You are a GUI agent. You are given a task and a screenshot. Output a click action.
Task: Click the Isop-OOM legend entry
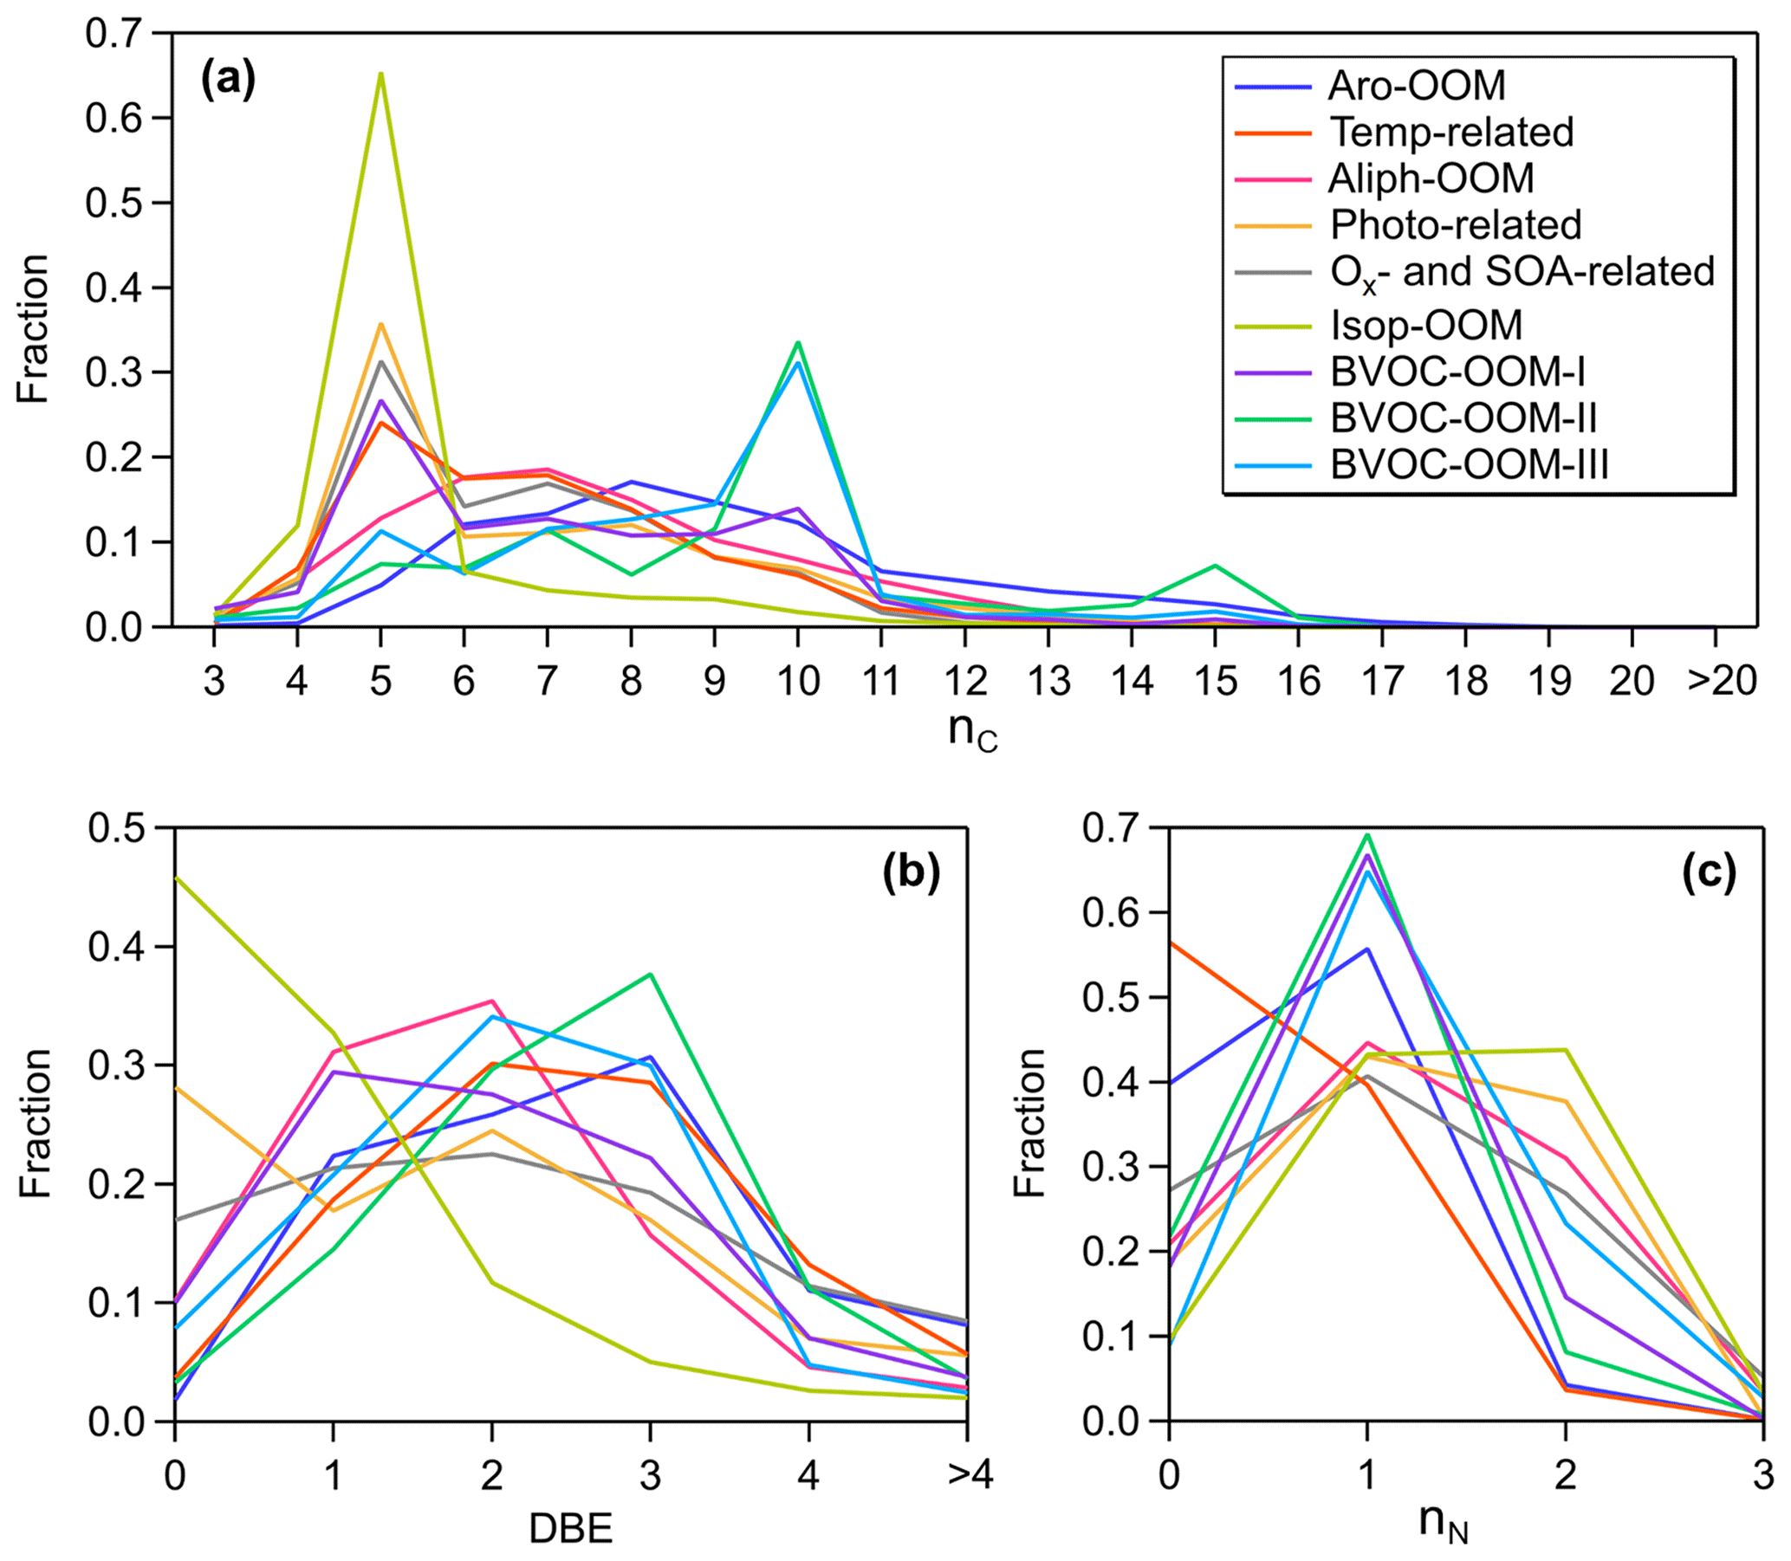[x=1426, y=326]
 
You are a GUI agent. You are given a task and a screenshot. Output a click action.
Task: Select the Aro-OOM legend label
[x=1417, y=86]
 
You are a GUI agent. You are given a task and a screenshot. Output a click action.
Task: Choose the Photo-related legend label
[x=1455, y=224]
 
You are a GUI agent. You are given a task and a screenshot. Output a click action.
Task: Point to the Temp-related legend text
[x=1451, y=133]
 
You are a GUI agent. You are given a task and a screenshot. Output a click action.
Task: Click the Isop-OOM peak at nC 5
[x=380, y=74]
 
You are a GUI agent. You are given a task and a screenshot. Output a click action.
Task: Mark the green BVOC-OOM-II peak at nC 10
[x=797, y=342]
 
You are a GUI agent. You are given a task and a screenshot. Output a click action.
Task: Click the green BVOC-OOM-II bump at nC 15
[x=1214, y=566]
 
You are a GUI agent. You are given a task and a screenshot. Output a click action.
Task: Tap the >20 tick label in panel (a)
[x=1722, y=681]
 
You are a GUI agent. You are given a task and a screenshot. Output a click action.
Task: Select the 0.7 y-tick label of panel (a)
[x=114, y=35]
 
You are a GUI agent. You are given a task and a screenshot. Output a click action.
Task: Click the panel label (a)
[x=228, y=81]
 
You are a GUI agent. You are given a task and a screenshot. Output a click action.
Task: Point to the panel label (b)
[x=912, y=874]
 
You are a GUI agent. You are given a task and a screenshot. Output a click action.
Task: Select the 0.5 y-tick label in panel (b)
[x=117, y=828]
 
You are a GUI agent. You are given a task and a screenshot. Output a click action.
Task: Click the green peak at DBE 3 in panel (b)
[x=650, y=974]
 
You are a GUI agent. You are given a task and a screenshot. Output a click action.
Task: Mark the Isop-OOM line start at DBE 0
[x=175, y=878]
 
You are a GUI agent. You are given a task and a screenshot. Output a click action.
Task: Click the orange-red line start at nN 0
[x=1170, y=942]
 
